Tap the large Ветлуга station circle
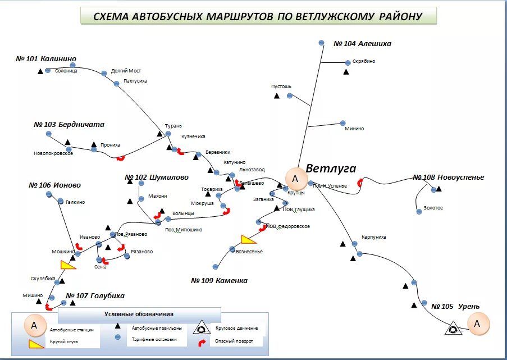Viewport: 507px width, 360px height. coord(295,179)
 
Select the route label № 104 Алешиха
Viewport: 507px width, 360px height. coord(362,44)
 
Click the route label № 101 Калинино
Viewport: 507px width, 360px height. coord(46,59)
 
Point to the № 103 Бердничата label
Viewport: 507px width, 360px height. coord(69,125)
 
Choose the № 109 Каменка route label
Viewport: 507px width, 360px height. coord(219,280)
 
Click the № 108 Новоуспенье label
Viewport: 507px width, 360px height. coord(448,177)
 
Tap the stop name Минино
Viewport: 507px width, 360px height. coord(354,129)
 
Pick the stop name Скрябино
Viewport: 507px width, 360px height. coord(364,61)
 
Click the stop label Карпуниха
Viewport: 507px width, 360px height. coord(374,237)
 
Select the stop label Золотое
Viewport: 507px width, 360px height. coord(433,208)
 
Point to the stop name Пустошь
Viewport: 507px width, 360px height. coord(281,86)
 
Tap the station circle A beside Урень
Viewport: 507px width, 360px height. coord(477,323)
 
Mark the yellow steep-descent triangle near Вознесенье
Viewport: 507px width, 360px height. coord(248,239)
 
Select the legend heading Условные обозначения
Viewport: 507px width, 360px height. coord(139,314)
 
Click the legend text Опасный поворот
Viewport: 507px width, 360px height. coord(234,341)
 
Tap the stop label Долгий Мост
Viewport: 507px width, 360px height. coord(126,71)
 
